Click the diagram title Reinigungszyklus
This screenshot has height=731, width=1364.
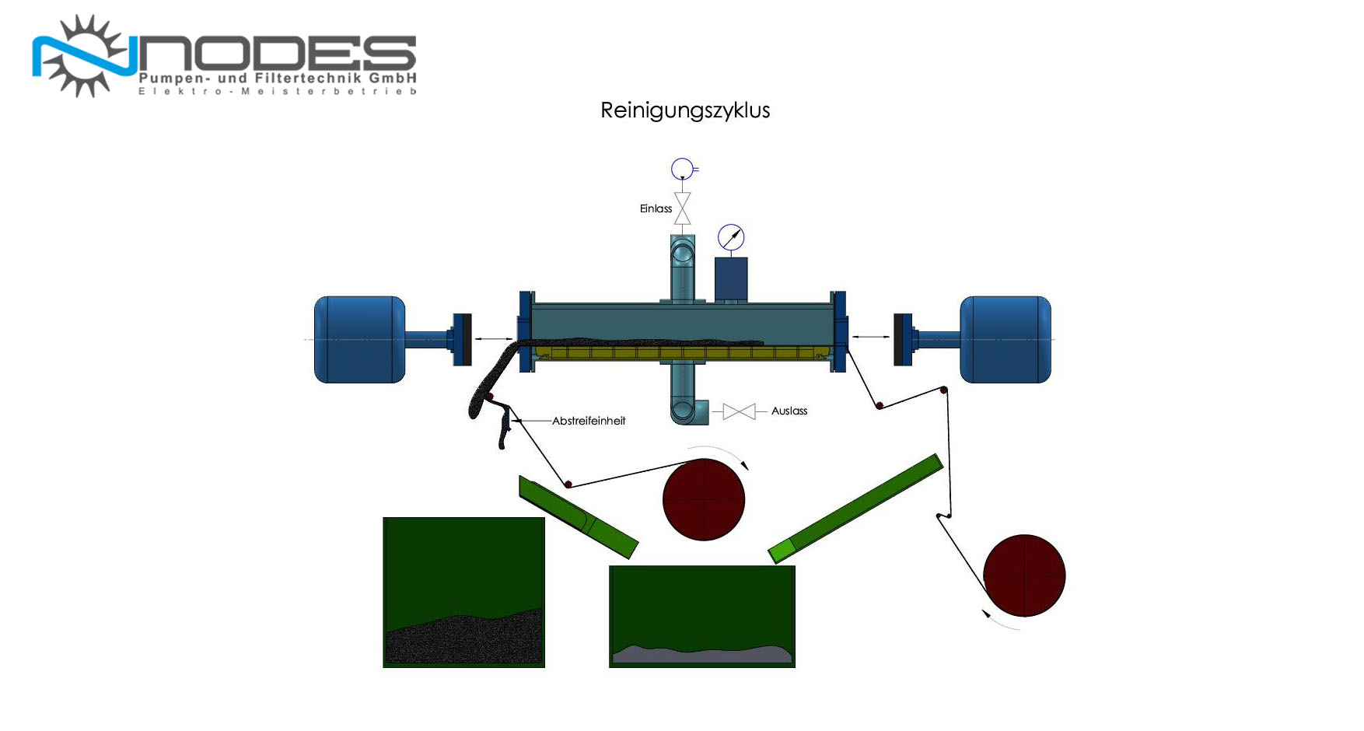tap(685, 110)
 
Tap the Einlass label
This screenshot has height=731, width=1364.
tap(656, 208)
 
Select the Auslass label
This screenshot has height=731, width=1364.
tap(789, 411)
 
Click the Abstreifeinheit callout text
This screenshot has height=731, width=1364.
tap(589, 421)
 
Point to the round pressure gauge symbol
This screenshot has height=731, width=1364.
tap(731, 237)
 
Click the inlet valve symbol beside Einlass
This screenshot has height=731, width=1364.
tap(683, 208)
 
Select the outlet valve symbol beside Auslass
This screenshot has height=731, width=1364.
tap(739, 411)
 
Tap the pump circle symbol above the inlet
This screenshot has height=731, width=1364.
tap(682, 169)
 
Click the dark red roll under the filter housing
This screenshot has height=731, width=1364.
tap(704, 499)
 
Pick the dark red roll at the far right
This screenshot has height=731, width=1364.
tap(1024, 575)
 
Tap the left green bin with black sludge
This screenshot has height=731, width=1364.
tap(463, 593)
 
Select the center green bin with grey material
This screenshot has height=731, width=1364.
tap(702, 617)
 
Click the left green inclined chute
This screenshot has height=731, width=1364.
tap(579, 517)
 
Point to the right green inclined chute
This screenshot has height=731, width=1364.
tap(855, 509)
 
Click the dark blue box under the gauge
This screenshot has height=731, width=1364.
tap(731, 279)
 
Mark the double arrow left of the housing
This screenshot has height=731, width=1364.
tap(494, 339)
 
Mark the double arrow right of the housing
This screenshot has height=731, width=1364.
tap(871, 337)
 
